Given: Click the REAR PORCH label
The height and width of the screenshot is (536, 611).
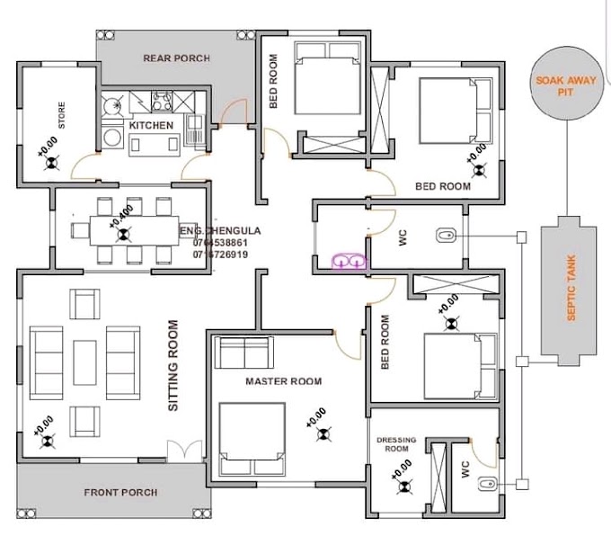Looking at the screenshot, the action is [176, 58].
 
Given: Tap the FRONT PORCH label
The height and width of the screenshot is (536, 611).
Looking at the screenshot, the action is [120, 492].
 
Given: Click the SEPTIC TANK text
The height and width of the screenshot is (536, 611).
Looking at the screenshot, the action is [571, 288].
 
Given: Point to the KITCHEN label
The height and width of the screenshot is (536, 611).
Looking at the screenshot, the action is [151, 125].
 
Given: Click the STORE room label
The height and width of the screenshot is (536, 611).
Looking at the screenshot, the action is [62, 115].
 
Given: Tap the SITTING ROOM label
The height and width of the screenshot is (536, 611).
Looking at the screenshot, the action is [173, 365].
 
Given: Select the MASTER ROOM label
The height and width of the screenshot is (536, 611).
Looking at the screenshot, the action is [284, 381].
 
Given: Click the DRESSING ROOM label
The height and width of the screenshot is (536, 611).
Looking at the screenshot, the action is [396, 444].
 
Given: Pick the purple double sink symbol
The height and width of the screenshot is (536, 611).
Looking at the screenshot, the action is [350, 261].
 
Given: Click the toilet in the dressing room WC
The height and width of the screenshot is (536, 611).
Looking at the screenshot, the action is [488, 484].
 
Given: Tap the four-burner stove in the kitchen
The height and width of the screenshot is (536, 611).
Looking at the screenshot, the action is [162, 102].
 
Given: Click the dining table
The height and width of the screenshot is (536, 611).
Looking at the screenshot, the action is [135, 231].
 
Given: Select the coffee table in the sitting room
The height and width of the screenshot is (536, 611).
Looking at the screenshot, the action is [85, 362].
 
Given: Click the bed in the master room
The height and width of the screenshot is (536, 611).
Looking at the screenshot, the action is [252, 440].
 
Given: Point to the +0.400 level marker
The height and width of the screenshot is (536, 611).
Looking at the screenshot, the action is [121, 216].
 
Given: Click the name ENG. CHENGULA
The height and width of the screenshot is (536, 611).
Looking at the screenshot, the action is [220, 230].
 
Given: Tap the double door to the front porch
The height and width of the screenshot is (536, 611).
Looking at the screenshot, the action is [185, 451].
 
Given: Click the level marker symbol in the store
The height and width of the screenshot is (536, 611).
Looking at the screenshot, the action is [52, 162].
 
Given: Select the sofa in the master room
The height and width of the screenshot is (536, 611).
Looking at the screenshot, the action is [244, 352].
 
